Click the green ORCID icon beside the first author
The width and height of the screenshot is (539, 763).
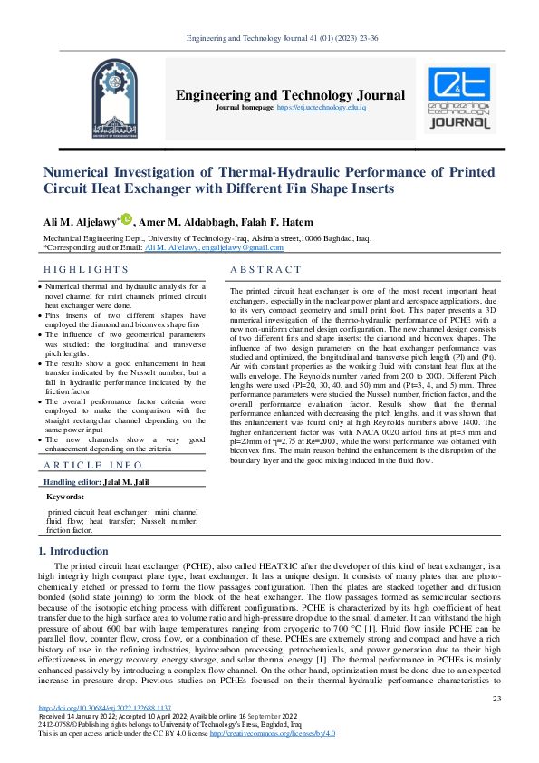coord(127,219)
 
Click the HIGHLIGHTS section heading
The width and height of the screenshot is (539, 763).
coord(87,270)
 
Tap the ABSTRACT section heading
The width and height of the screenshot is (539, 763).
coord(265,270)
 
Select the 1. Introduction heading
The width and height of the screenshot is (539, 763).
coord(72,552)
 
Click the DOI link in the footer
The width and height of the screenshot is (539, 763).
coord(104,708)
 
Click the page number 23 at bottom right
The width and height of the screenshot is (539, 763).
coord(496,698)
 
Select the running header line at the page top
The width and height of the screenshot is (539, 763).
coord(269,38)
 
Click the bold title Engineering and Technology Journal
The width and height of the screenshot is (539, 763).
coord(290,95)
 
